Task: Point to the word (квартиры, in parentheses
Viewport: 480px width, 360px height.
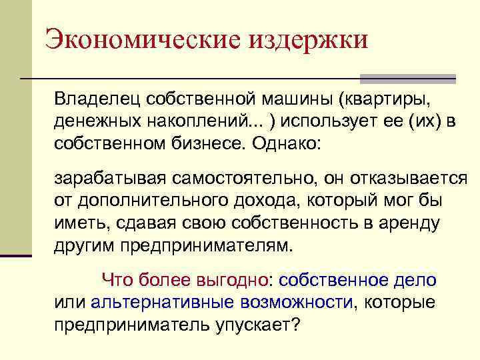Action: (381, 99)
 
